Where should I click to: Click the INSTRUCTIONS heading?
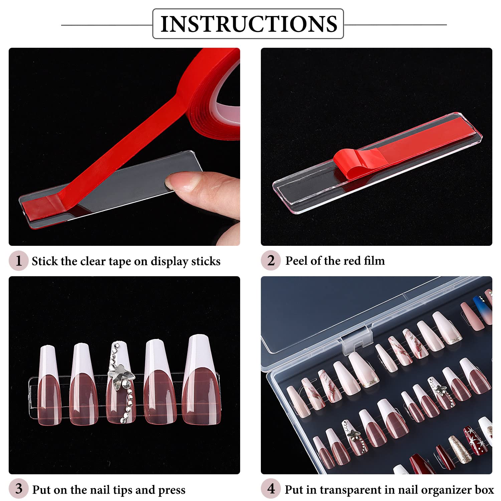(248, 24)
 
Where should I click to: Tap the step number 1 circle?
(18, 261)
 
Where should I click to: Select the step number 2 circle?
(271, 261)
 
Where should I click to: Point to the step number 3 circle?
(18, 489)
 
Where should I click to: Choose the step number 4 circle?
(271, 489)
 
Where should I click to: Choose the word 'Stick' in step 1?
(44, 261)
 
